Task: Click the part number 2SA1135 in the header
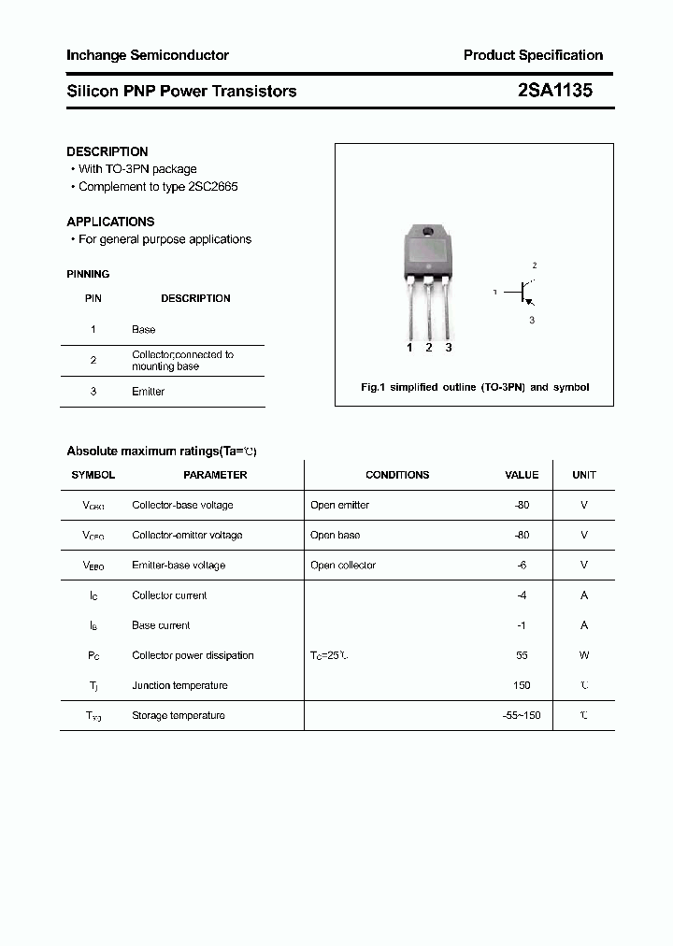(555, 91)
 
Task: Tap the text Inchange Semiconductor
(148, 55)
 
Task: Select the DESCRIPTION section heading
(107, 151)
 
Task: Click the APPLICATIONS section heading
(110, 222)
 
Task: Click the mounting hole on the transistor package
(428, 233)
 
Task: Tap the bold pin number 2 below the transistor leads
(429, 348)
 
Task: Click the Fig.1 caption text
(475, 387)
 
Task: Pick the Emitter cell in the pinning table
(148, 392)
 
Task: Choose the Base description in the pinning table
(144, 330)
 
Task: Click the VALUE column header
(522, 475)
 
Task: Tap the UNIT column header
(584, 475)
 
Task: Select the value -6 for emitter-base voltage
(523, 566)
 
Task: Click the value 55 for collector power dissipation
(522, 655)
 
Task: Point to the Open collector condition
(343, 566)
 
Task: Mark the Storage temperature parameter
(179, 715)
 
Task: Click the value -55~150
(522, 715)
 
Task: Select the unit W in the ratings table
(584, 655)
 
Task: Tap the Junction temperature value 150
(522, 685)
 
